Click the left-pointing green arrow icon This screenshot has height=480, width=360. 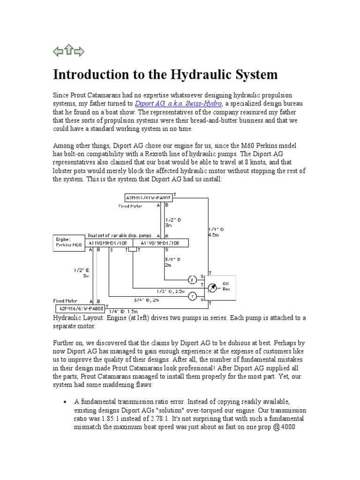(x=58, y=52)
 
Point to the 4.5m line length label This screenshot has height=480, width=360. (x=214, y=236)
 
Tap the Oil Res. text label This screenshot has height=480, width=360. (x=226, y=286)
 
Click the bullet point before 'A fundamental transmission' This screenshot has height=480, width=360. (x=64, y=402)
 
